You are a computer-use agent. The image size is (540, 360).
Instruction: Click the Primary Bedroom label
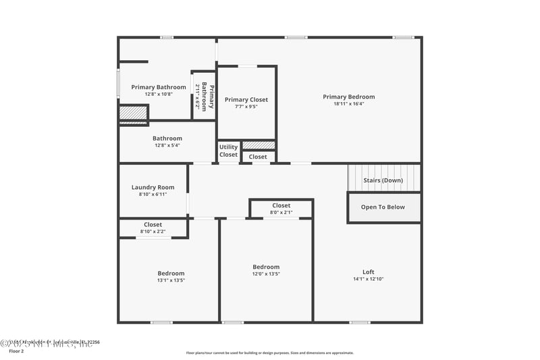348,97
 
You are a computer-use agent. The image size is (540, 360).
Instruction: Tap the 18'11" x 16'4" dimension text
348,104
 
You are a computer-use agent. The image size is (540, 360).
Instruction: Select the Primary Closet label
246,99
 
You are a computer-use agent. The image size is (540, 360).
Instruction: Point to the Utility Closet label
229,151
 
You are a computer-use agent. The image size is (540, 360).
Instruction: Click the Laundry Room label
153,187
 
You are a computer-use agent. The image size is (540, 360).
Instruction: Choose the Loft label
368,272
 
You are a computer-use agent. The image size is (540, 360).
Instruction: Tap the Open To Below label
383,207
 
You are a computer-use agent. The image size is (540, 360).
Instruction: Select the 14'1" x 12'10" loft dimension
368,280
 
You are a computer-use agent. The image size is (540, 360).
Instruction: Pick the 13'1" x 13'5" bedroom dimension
171,280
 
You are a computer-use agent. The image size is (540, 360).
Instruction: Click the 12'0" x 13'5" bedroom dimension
266,274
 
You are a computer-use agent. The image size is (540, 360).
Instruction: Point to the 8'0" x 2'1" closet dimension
281,213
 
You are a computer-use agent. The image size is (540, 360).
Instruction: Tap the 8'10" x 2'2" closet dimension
153,232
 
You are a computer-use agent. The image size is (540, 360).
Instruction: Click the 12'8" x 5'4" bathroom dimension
167,145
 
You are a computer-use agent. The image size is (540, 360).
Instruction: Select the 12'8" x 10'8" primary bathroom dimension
159,94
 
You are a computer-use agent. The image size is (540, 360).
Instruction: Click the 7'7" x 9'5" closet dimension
246,107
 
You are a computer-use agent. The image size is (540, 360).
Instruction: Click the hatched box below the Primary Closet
259,145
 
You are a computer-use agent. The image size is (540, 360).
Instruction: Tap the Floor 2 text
16,351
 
